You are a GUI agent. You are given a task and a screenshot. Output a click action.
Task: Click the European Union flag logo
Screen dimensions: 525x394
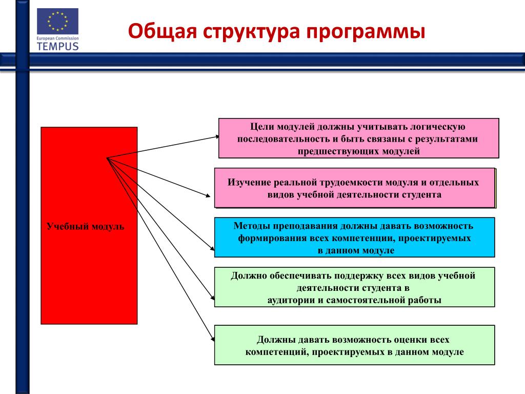57,22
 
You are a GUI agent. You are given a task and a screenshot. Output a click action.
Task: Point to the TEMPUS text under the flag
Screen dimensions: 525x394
57,46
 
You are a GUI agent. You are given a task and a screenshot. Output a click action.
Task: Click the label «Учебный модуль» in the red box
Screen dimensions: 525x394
86,226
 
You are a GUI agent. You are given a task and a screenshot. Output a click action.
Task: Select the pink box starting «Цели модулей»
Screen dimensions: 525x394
358,138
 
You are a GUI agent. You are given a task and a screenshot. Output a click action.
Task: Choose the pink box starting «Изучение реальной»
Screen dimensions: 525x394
355,188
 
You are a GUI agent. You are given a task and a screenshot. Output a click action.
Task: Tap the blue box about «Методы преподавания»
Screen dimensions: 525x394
354,237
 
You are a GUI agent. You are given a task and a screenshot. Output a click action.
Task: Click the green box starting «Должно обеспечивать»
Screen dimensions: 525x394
354,287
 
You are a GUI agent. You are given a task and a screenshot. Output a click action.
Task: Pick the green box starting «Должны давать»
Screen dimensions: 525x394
354,345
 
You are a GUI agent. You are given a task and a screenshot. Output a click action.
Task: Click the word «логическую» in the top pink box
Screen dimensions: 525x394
438,127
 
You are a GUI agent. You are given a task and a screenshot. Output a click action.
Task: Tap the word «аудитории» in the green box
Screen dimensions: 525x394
291,300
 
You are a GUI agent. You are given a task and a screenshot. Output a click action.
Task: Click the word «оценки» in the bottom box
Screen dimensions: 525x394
411,340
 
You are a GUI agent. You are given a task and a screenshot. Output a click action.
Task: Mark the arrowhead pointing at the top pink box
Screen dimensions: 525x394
217,137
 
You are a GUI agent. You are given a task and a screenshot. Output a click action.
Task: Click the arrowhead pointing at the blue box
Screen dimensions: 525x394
212,249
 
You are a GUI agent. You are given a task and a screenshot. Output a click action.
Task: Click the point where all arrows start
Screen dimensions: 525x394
107,158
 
